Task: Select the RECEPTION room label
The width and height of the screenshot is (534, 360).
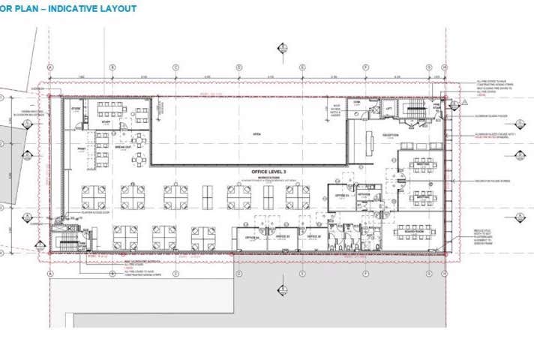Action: click(x=390, y=136)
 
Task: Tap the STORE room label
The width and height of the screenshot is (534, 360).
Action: click(x=75, y=109)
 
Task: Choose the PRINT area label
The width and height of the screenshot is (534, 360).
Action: click(x=81, y=148)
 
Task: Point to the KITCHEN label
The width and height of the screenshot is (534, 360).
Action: click(x=364, y=194)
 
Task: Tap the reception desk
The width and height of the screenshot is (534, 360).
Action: click(x=370, y=141)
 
